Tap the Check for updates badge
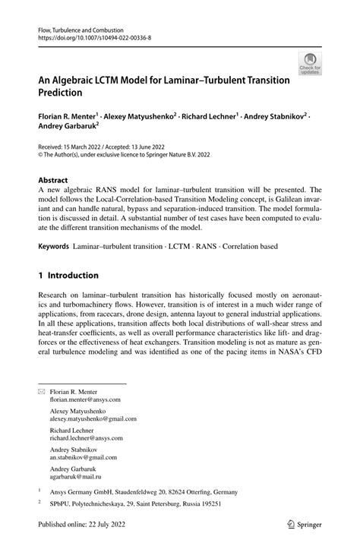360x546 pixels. point(309,64)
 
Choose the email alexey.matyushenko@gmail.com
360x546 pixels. point(93,418)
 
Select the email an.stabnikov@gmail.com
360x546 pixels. point(84,458)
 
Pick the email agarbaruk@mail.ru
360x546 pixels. point(75,478)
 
